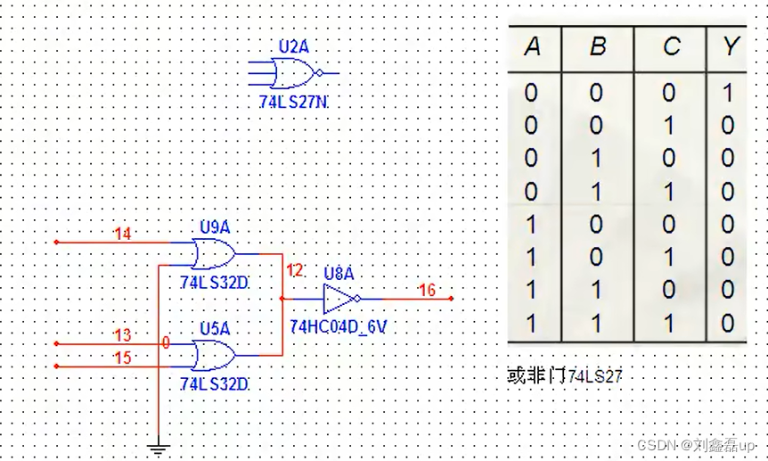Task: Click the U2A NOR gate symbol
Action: (295, 71)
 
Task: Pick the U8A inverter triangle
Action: (339, 298)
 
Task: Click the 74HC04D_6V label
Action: (339, 327)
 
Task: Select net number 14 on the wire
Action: (123, 235)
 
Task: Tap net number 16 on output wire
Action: (427, 290)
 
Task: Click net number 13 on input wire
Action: (123, 334)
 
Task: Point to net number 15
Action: (123, 358)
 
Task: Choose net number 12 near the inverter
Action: (294, 269)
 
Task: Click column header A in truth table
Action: (532, 47)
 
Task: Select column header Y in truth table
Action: (731, 47)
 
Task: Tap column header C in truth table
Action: (671, 47)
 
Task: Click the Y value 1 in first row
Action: (729, 93)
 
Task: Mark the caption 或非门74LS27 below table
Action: (564, 376)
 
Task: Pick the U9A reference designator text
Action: (215, 227)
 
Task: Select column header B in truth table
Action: (597, 47)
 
